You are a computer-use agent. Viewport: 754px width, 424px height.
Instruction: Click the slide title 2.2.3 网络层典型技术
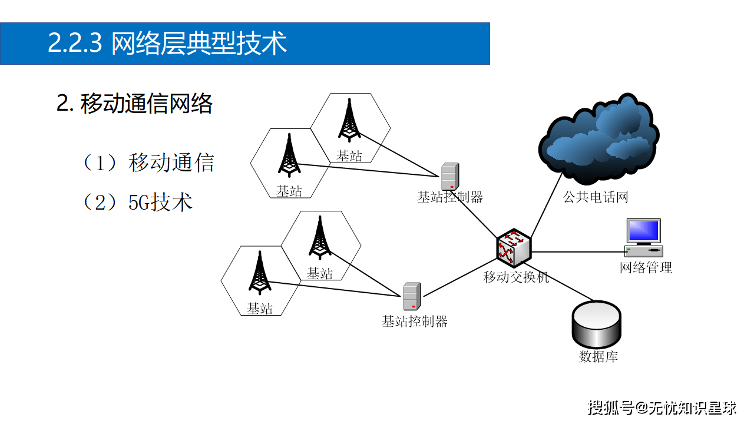point(167,44)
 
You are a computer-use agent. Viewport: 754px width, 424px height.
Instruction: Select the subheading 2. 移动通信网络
point(134,104)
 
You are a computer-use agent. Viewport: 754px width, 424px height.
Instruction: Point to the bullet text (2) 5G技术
point(139,202)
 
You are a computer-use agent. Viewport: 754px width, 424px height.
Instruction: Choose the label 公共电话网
point(596,197)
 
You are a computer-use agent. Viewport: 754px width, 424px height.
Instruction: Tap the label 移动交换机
point(516,277)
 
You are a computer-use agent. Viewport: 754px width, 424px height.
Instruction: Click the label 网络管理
point(646,268)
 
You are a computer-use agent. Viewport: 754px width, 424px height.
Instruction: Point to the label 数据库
point(598,356)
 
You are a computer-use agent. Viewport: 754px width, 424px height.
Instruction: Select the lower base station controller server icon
point(411,296)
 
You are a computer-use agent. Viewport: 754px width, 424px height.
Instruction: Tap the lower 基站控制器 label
point(415,322)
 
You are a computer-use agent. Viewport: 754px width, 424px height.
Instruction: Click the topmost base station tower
point(349,120)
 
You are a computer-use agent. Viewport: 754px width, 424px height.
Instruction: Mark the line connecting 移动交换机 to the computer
point(577,252)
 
